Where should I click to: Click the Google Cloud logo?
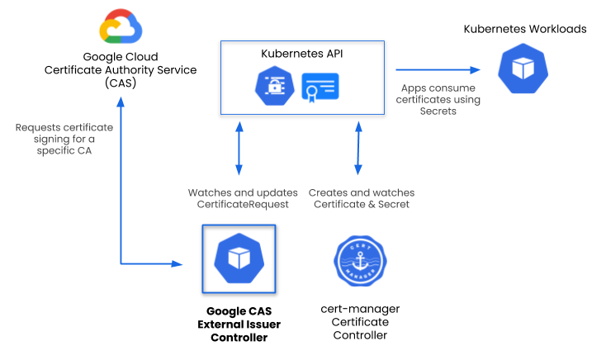tap(121, 26)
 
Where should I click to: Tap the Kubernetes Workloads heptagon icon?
tap(524, 69)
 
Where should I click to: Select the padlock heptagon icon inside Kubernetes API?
tap(272, 86)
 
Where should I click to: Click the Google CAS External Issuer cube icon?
tap(239, 258)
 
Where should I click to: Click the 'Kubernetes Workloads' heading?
tap(524, 29)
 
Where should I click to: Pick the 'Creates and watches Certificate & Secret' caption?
tap(359, 198)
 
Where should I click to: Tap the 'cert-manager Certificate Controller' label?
tap(359, 321)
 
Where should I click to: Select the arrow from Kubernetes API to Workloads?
tap(438, 70)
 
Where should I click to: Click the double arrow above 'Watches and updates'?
tap(239, 149)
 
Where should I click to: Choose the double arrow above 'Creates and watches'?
tap(357, 149)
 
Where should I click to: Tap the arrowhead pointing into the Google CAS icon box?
tap(177, 264)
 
